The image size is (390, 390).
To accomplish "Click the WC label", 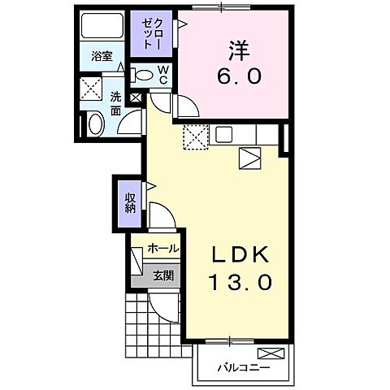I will click(x=162, y=76).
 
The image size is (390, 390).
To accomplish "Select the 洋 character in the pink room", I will click(x=239, y=50).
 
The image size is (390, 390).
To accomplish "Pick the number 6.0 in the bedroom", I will click(x=239, y=77).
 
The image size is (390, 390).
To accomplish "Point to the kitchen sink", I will click(x=224, y=135).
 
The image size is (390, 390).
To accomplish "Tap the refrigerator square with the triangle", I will click(x=250, y=157).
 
